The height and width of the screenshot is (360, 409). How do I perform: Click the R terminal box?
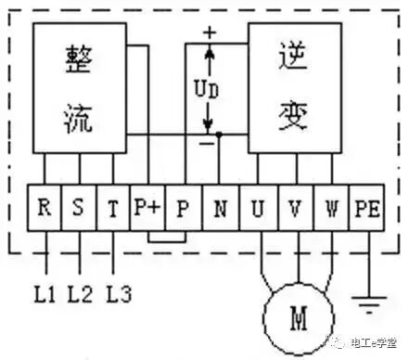coord(45,209)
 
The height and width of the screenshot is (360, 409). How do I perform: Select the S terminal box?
coord(79,209)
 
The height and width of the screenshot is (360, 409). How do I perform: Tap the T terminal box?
coord(113,209)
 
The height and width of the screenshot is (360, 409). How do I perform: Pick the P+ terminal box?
coord(147,209)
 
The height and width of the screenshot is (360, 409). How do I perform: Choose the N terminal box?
coord(220,209)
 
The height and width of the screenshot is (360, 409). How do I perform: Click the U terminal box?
coord(257,209)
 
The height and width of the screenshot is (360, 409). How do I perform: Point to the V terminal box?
coord(294,209)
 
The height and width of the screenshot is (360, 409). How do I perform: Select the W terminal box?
coord(331,209)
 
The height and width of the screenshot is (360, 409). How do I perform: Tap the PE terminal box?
coord(365,209)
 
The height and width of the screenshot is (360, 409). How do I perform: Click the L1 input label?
coord(45,295)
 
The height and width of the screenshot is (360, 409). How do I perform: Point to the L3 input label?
coord(118,295)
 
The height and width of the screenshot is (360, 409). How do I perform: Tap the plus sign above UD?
coord(209,32)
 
